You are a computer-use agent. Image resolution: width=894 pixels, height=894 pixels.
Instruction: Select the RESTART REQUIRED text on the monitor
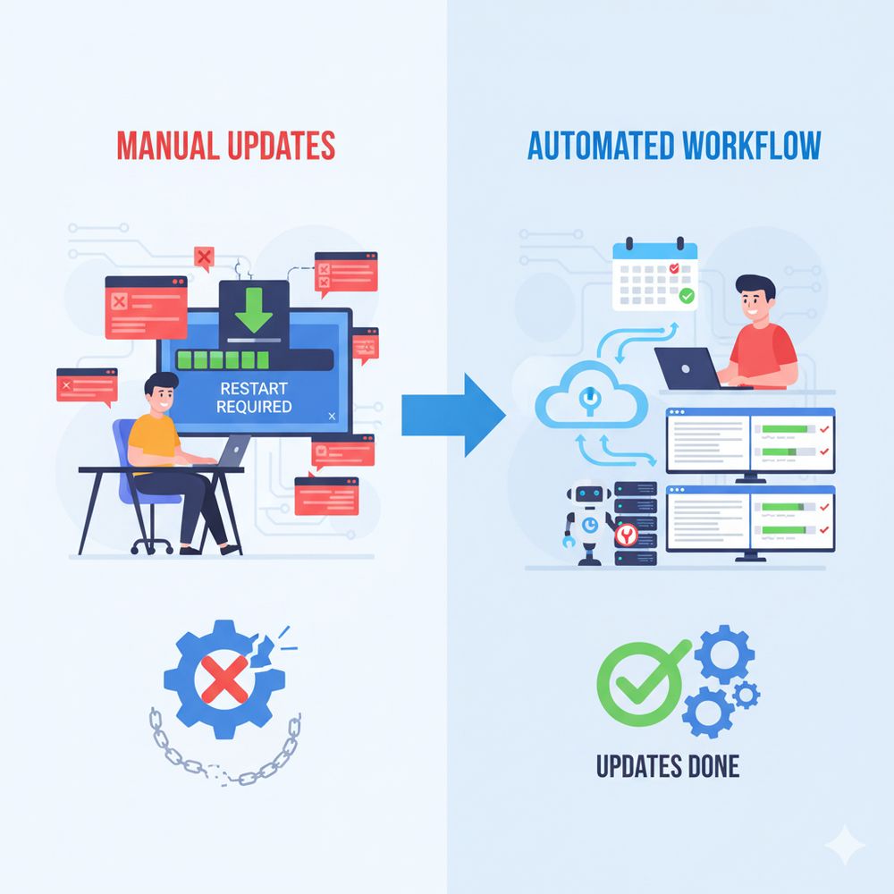click(255, 398)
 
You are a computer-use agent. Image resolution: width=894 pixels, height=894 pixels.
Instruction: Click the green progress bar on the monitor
click(223, 359)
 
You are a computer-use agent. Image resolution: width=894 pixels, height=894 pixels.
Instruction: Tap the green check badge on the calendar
click(687, 295)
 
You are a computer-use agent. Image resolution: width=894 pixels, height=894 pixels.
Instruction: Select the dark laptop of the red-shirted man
click(687, 367)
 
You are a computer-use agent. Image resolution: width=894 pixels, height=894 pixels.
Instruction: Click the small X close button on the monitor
click(332, 416)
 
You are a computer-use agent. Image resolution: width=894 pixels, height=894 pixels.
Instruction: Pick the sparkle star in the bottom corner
click(845, 845)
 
